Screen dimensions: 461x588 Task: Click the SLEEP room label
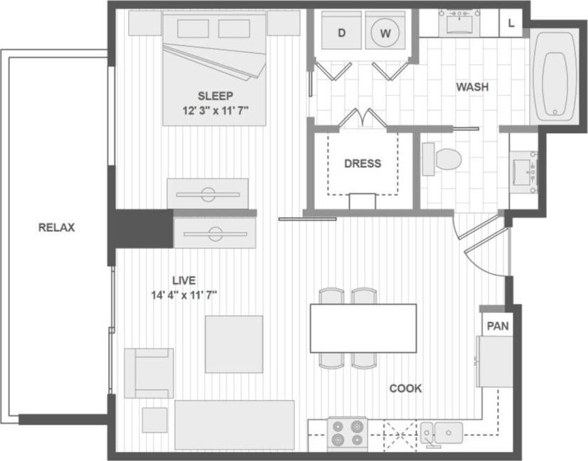[215, 95]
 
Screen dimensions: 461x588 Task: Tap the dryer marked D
[341, 33]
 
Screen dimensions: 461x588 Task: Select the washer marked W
[385, 33]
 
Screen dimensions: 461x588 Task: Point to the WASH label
[472, 88]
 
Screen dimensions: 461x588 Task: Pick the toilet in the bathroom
[441, 159]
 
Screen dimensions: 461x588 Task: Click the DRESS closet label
[362, 163]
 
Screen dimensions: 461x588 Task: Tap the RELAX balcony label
[57, 228]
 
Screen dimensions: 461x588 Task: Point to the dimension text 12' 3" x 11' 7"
[215, 111]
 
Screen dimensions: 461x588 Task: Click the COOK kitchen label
[405, 388]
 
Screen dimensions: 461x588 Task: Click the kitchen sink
[442, 431]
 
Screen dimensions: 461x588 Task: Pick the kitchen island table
[363, 327]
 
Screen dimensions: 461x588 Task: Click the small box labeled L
[511, 23]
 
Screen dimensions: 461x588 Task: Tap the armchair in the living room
[149, 373]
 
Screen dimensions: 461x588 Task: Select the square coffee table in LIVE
[229, 344]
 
